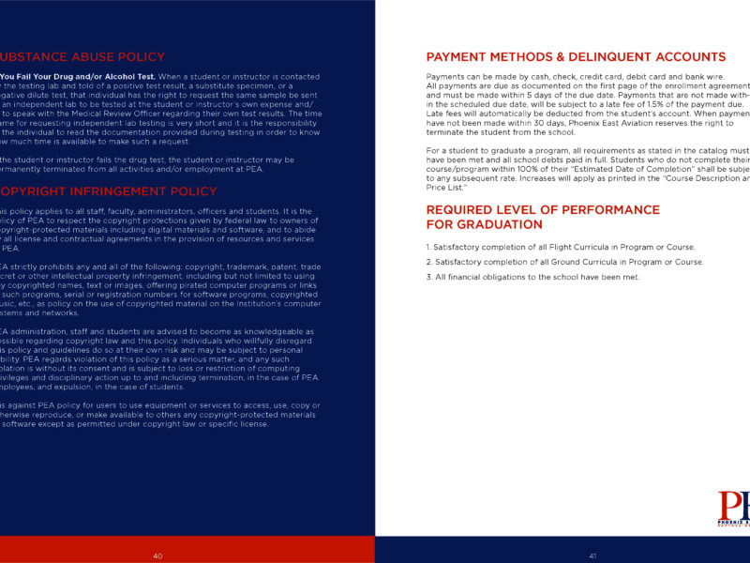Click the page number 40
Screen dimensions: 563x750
[157, 556]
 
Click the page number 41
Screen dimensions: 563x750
[592, 556]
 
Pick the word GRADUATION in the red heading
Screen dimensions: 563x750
[496, 225]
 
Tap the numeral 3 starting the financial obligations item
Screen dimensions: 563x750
[427, 278]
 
